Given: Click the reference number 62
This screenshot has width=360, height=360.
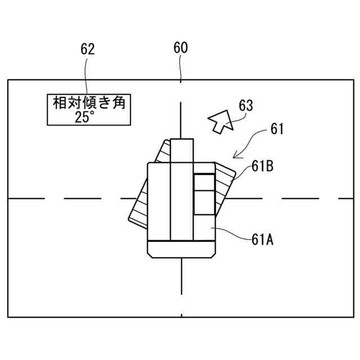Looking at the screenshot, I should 87,49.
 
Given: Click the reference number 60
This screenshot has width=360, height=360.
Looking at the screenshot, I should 181,48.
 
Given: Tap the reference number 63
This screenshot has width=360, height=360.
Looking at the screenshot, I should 246,105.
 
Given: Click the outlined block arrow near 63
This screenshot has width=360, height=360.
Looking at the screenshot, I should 220,121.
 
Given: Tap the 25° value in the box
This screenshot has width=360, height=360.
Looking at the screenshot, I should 86,116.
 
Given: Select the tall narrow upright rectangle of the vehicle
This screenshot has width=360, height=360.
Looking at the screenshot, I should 182,191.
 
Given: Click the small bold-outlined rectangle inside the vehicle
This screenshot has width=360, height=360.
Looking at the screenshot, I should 204,195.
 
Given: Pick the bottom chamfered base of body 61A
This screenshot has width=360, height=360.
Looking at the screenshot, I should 182,250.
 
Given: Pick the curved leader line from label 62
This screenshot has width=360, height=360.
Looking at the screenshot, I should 87,76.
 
